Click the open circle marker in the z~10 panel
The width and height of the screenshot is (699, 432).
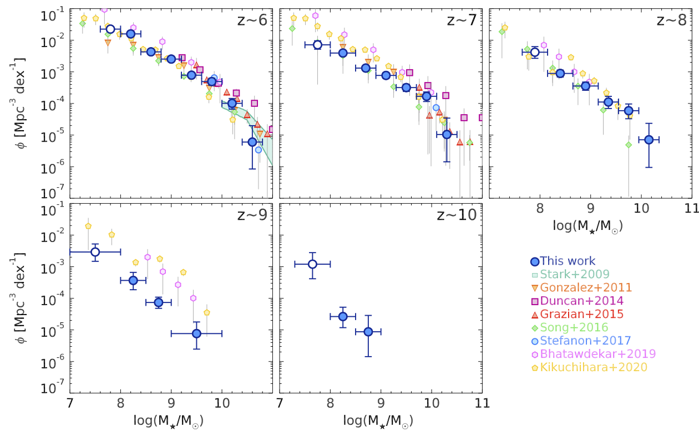[x=312, y=264]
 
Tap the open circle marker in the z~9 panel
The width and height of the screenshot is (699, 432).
[x=95, y=252]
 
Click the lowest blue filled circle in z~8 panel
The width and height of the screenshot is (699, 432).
[x=649, y=140]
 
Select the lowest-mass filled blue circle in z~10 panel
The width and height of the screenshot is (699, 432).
[x=343, y=316]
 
